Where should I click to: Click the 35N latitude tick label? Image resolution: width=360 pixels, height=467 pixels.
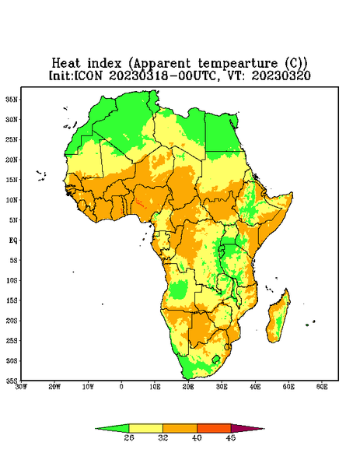12,100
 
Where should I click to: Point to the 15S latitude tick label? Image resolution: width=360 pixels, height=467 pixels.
12,300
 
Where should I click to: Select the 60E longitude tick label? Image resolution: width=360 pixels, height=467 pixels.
322,387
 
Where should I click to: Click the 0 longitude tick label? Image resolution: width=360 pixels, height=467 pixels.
121,387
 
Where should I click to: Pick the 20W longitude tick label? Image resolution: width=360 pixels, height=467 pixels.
54,387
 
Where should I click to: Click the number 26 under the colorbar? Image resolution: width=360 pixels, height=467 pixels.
129,437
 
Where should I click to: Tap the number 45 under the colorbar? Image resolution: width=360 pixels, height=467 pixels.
231,437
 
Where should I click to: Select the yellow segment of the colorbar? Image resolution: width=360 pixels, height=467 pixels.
145,428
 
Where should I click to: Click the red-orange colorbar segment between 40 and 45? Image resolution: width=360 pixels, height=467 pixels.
214,428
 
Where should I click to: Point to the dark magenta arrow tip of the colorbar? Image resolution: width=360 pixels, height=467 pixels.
247,429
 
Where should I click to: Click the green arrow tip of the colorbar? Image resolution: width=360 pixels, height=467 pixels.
112,429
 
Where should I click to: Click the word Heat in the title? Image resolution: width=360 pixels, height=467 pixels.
66,64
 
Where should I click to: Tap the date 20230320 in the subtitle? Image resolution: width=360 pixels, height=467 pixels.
281,75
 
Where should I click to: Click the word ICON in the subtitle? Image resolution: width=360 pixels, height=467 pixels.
88,75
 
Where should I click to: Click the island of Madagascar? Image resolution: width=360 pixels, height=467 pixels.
278,316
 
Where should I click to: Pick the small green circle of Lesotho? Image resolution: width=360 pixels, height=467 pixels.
216,359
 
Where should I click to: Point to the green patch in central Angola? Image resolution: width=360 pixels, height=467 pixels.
178,290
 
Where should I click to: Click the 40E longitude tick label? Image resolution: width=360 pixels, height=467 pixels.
255,387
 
